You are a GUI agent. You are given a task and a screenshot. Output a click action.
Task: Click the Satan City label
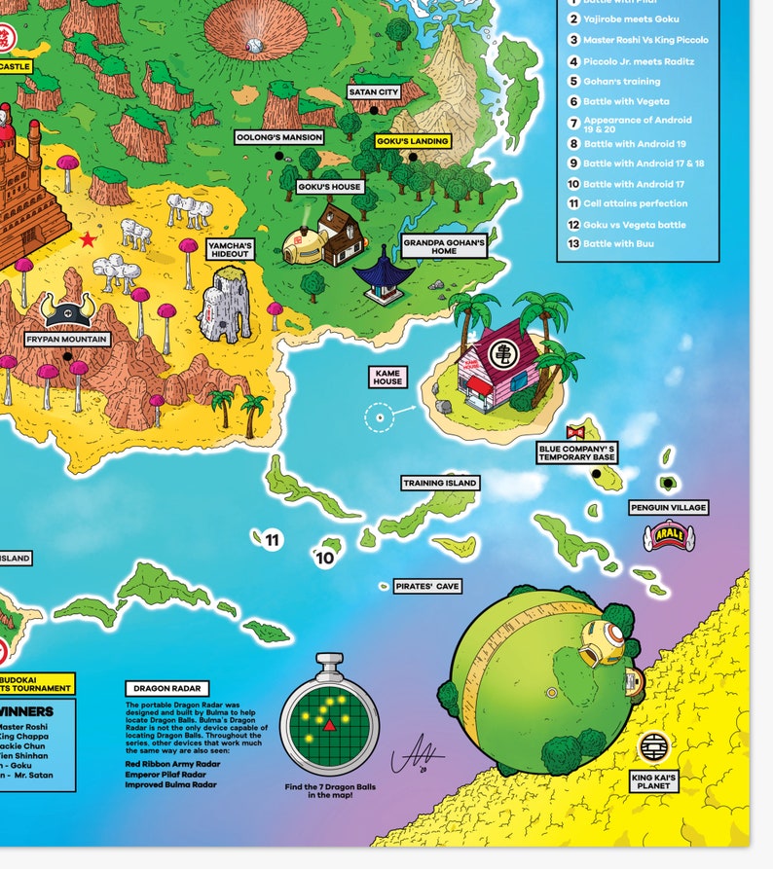point(374,92)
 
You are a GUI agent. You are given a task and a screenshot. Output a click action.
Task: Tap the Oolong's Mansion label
point(279,137)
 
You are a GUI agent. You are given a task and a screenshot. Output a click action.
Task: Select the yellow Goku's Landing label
point(413,141)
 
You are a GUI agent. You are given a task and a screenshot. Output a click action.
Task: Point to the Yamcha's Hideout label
point(230,249)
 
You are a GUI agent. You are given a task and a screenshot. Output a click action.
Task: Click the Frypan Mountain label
point(67,340)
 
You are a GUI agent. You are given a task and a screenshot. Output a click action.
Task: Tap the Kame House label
point(387,376)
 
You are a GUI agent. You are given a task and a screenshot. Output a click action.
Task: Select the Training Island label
point(440,483)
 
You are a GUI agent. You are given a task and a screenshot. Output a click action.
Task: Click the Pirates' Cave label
point(427,587)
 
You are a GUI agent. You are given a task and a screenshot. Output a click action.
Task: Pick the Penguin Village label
point(668,507)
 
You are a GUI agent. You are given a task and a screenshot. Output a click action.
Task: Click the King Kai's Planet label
point(654,779)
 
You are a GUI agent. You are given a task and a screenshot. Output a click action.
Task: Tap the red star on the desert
point(88,239)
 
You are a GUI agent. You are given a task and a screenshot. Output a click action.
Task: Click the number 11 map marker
point(272,540)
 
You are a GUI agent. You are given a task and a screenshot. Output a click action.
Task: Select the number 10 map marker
point(325,558)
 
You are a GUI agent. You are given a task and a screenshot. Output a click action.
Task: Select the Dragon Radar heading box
point(159,688)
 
